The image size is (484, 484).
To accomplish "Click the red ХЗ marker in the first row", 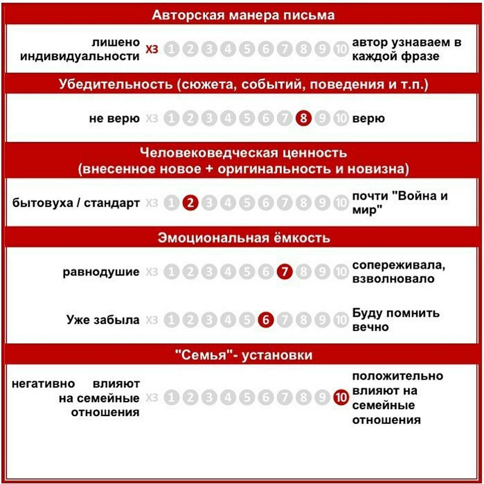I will (x=152, y=50).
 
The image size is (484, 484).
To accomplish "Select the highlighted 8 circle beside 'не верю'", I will (x=303, y=119).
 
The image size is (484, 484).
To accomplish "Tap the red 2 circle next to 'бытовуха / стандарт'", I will (x=190, y=203).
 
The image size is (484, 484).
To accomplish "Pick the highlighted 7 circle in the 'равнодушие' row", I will (x=284, y=272).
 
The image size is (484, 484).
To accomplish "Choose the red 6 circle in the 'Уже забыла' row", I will (x=265, y=320).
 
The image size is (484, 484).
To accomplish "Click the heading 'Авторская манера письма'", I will (x=243, y=15).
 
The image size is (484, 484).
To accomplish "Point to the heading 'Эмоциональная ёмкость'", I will (x=244, y=238).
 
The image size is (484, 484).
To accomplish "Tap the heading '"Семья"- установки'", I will (x=244, y=355).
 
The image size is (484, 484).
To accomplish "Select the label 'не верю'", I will (x=115, y=119).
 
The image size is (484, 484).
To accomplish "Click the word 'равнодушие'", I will (x=101, y=272).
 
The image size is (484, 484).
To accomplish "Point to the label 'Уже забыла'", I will (x=103, y=320).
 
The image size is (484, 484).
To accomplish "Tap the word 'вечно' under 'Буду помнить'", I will (x=370, y=327).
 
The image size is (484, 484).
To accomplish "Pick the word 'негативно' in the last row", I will (x=43, y=384).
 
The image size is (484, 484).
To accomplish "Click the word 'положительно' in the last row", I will (x=398, y=376).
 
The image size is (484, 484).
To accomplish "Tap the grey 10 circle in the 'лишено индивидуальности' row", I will (x=341, y=50).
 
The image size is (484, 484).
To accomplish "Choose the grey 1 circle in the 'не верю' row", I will (x=171, y=119).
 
